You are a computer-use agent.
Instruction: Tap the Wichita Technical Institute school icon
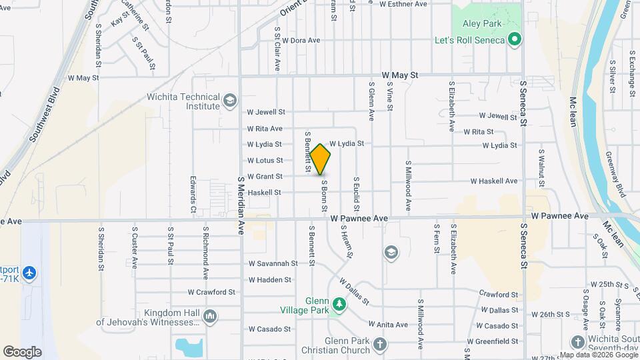[230, 100]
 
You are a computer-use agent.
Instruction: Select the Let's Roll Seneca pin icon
[514, 40]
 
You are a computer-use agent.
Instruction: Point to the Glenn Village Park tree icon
[339, 305]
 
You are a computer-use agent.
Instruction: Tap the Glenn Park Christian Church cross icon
[379, 345]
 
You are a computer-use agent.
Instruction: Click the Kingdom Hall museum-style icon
[211, 316]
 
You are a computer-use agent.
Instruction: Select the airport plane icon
[29, 273]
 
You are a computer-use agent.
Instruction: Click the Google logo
[22, 351]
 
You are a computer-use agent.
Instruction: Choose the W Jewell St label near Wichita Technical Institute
[266, 112]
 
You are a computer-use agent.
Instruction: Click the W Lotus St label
[265, 161]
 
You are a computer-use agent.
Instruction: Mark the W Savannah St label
[273, 264]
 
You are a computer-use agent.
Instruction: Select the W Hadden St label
[269, 280]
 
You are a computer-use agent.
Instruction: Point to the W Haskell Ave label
[493, 181]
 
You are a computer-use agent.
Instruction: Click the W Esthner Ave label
[403, 4]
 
